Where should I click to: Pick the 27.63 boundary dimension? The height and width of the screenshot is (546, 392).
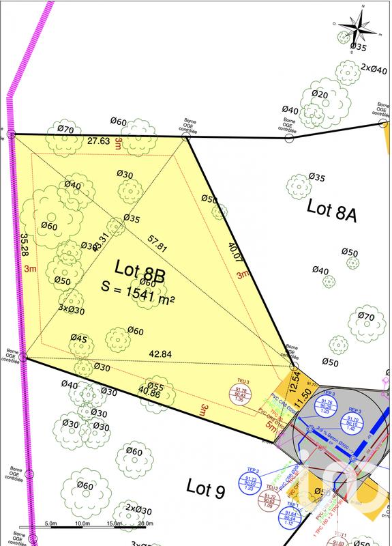99,141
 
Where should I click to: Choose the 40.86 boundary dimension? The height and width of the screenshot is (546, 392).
150,391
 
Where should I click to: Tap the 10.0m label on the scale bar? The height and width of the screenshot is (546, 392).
82,523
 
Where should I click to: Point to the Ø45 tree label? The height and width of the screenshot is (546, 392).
78,339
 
